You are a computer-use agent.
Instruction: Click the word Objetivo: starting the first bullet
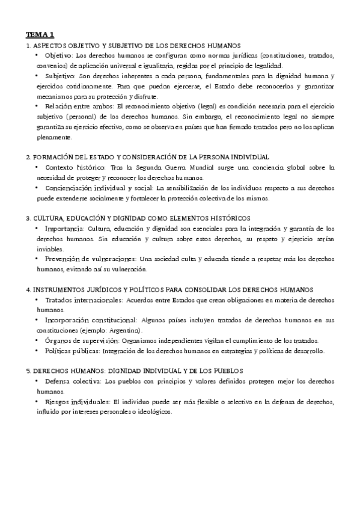click(59, 55)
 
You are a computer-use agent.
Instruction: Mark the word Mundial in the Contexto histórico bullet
click(208, 167)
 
